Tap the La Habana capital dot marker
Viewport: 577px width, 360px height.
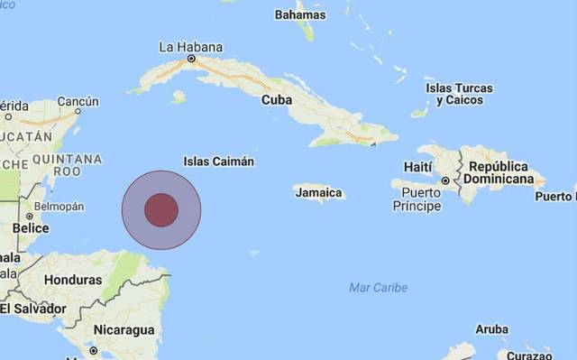[191, 59]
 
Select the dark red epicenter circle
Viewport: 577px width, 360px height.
[161, 209]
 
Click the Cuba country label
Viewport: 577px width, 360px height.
[276, 100]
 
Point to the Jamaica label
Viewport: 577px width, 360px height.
[317, 192]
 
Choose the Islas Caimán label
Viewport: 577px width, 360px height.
[218, 162]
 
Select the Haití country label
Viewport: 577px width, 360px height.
[417, 167]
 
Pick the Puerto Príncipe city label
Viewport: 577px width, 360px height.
[416, 199]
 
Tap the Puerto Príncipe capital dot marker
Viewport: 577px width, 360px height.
[444, 181]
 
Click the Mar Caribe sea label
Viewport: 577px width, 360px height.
[378, 288]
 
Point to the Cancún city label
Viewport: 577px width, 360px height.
[78, 101]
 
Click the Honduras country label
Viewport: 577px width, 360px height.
[72, 280]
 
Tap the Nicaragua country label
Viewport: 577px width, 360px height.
[125, 329]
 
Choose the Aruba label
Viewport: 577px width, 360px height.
[491, 328]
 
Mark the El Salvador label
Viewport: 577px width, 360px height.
[33, 309]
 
